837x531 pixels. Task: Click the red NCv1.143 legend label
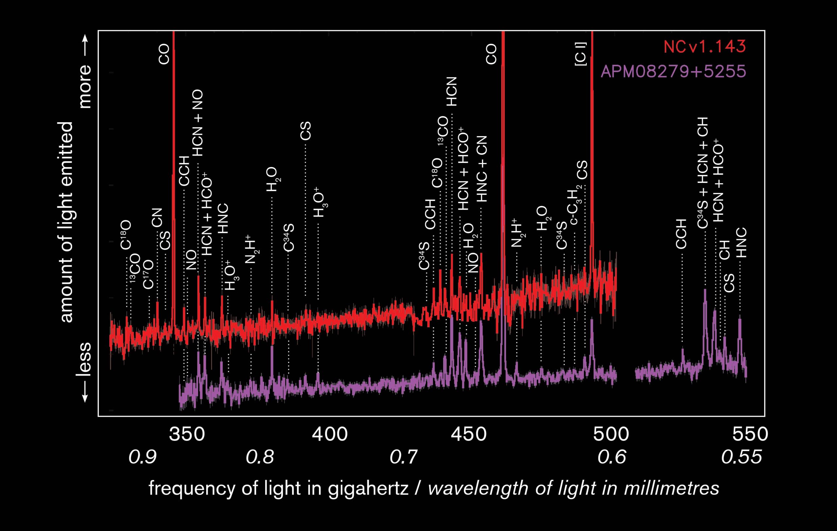point(705,47)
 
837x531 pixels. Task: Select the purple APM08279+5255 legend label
point(673,72)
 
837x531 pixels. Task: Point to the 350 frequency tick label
point(187,434)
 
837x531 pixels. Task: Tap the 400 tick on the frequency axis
point(330,434)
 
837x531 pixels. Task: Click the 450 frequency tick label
point(469,434)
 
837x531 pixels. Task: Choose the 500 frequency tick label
point(611,434)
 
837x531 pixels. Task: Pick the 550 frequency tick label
point(750,434)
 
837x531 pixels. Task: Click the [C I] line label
point(581,54)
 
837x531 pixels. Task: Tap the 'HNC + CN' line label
point(482,169)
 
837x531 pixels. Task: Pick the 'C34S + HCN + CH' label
point(703,173)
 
